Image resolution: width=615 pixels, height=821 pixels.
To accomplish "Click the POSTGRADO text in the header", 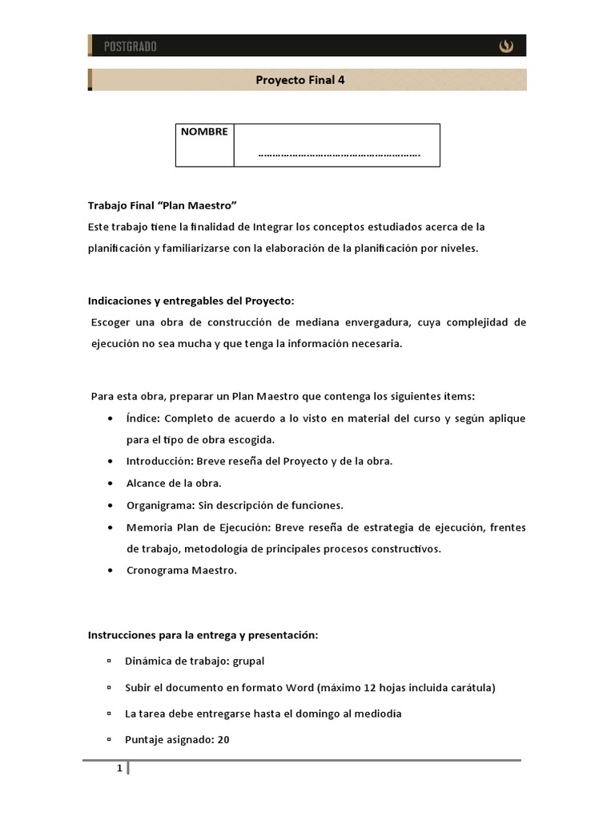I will pyautogui.click(x=130, y=47).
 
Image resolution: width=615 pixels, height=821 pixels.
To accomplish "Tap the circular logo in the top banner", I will pyautogui.click(x=506, y=47).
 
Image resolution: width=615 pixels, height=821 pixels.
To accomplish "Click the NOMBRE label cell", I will pyautogui.click(x=204, y=132).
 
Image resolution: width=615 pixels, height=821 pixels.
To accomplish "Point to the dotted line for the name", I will pyautogui.click(x=340, y=154).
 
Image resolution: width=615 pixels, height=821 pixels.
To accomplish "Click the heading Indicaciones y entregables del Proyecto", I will pyautogui.click(x=191, y=301).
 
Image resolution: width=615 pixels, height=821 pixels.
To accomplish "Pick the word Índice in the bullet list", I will pyautogui.click(x=142, y=419).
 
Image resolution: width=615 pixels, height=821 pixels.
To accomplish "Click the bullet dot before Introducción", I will pyautogui.click(x=109, y=462).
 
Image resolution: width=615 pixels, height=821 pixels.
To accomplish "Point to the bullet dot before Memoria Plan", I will pyautogui.click(x=109, y=528).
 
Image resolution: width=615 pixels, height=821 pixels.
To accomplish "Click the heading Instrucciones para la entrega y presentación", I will pyautogui.click(x=203, y=635).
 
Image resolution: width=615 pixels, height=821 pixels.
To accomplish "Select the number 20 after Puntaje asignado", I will pyautogui.click(x=223, y=740).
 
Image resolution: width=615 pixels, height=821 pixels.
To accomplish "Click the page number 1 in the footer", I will pyautogui.click(x=119, y=769).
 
